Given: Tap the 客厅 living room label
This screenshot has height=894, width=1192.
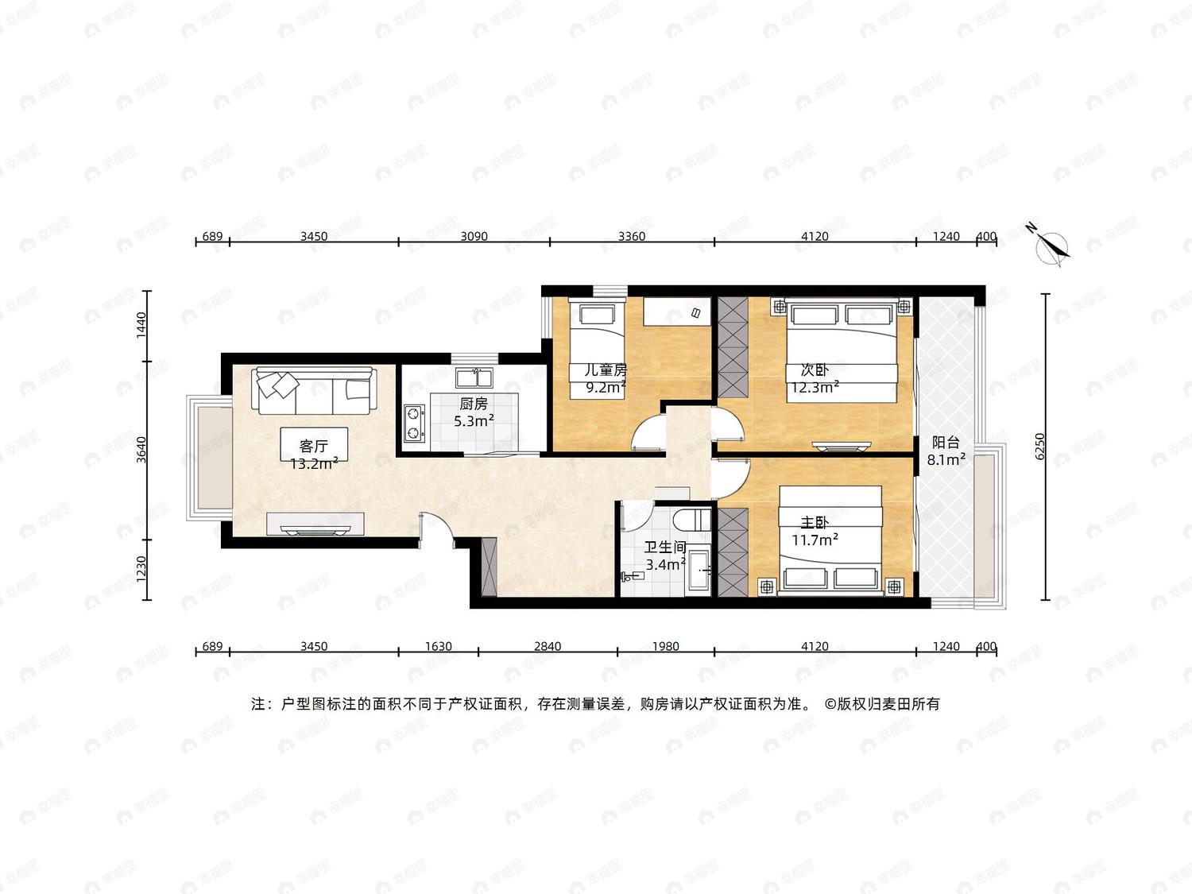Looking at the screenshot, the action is pos(314,446).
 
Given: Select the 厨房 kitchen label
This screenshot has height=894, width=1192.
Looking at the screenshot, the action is pos(474,404).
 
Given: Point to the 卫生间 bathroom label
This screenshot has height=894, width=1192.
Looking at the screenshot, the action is pos(665,548).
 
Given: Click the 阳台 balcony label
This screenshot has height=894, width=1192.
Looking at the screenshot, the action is pos(946,443).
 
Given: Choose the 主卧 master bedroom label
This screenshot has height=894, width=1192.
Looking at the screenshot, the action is pos(815,523).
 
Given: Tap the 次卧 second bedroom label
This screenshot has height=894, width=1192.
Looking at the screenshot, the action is pos(815,370).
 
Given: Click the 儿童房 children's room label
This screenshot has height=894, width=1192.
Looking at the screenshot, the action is pos(606,370).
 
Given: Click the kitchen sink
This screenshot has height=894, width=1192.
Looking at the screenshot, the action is pos(474,377).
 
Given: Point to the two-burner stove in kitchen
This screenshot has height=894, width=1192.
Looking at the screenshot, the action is pos(415,424).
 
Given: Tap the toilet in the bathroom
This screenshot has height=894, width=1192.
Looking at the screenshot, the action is pos(691,520).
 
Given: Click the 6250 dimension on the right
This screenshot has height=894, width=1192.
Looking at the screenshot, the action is pos(1039,446).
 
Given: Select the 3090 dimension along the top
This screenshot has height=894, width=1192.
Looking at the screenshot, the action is pos(474,236).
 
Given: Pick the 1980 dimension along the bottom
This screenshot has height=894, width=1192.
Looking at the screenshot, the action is pos(665,647).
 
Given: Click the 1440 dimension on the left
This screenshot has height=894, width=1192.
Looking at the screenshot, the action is pos(141,325).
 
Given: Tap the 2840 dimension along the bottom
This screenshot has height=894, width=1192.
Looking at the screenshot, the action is pos(548,647).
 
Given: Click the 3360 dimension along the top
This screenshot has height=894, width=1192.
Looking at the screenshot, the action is pos(632,236).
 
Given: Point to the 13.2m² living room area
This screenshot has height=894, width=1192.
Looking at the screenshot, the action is pos(315,463).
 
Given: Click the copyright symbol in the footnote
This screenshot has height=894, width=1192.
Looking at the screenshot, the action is pos(830,704).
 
